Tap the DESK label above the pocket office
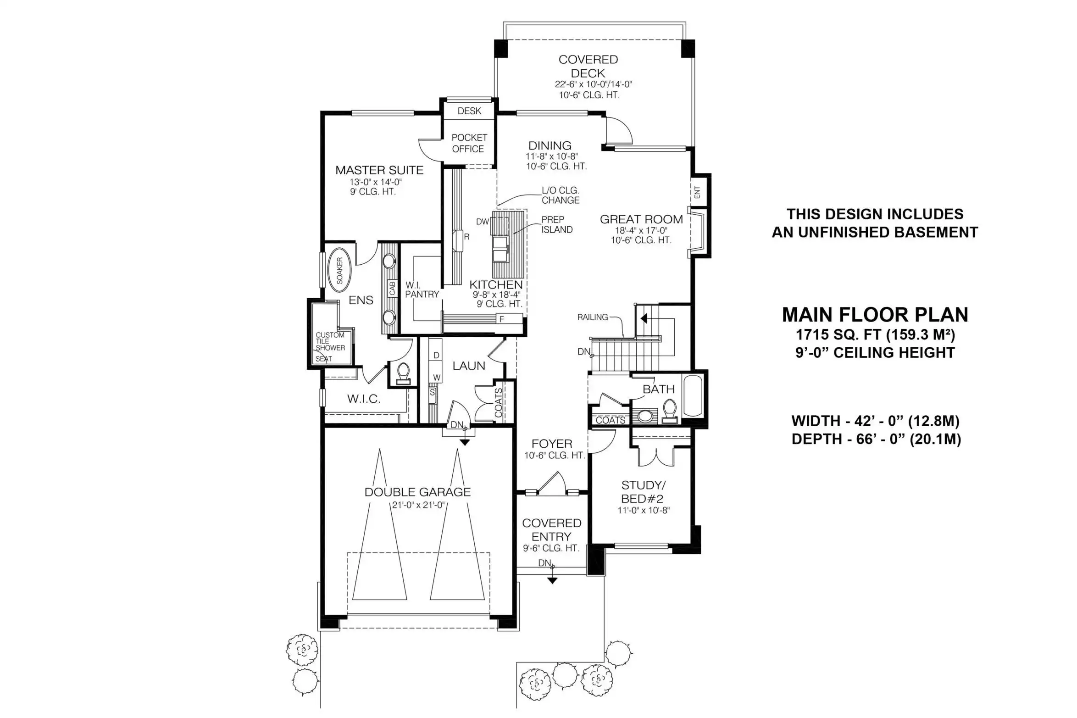469,111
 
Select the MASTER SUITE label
379,170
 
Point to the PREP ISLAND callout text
557,225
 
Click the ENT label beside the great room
697,192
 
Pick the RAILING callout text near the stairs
593,317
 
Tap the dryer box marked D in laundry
436,356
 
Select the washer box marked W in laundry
436,378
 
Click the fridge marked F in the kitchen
502,319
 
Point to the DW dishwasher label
483,222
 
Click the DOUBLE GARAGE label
417,492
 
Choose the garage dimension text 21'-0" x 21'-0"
418,505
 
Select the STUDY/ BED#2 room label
643,492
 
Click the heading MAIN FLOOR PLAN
875,315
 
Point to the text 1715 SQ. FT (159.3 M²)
875,335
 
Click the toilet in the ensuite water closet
404,373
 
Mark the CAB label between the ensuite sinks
392,289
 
